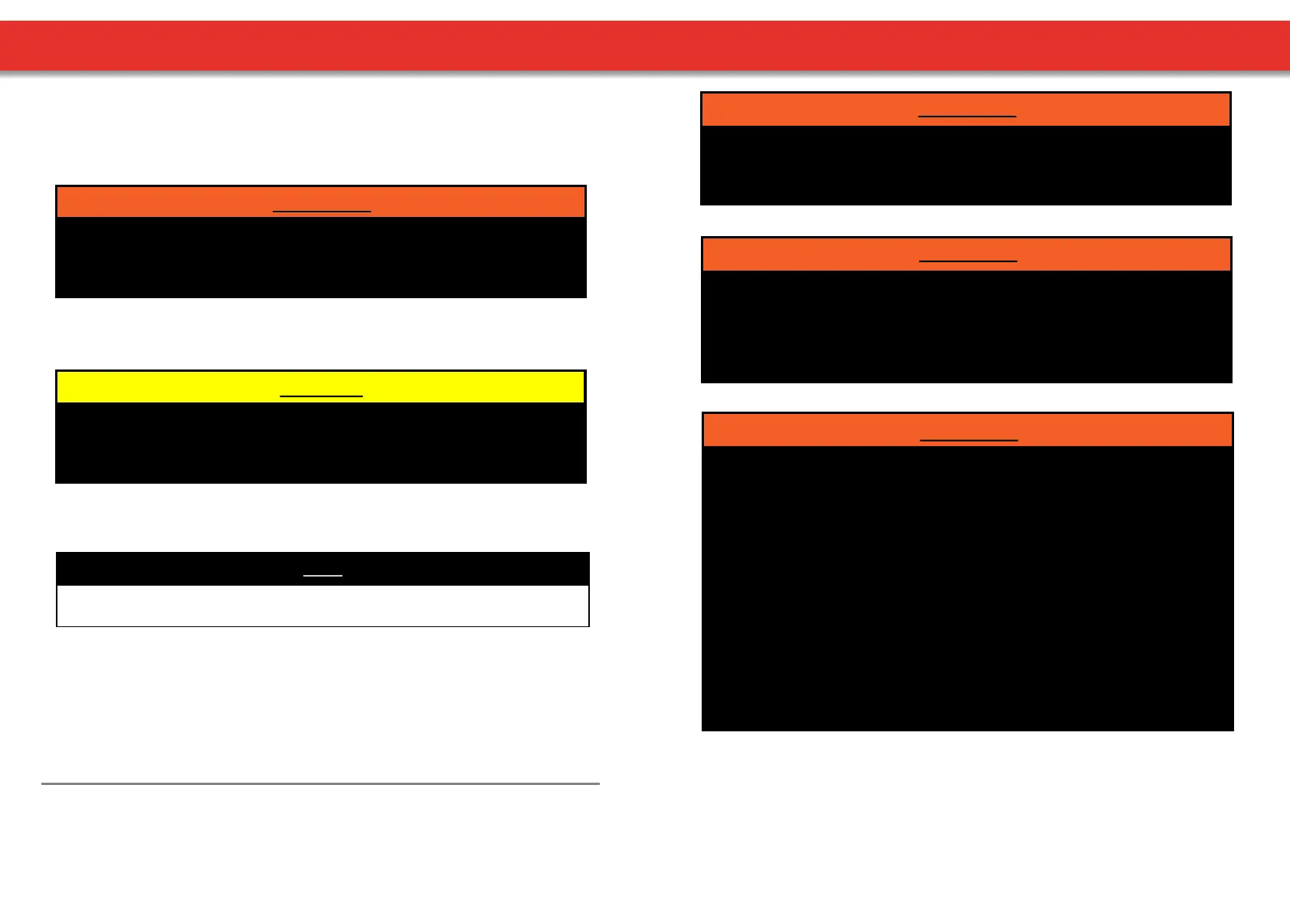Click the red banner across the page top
tap(645, 46)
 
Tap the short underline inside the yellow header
tap(321, 396)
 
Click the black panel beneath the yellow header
tap(321, 442)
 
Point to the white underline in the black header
tap(322, 575)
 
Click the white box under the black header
tap(322, 606)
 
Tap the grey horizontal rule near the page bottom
tap(320, 783)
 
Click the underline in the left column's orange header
tap(322, 210)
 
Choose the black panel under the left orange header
tap(321, 257)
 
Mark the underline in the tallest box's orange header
tap(968, 440)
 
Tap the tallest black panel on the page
tap(967, 587)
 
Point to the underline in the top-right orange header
tap(967, 116)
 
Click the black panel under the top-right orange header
tap(966, 165)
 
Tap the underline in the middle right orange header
tap(967, 261)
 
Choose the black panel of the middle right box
tap(967, 326)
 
